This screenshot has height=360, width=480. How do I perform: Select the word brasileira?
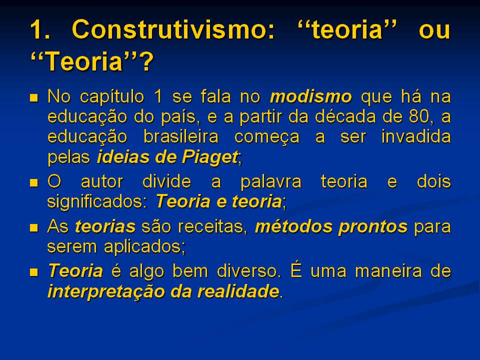click(x=179, y=136)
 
